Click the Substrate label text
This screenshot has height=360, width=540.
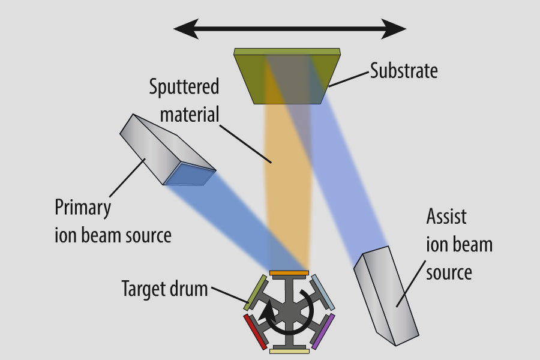coord(404,71)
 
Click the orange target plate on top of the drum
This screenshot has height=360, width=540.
coord(289,272)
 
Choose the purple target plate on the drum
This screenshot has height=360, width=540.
coord(323,332)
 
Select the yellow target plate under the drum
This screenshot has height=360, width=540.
coord(289,350)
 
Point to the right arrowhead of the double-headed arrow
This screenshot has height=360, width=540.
coord(396,28)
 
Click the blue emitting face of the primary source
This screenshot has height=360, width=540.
coord(191,175)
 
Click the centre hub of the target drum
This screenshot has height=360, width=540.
coord(289,312)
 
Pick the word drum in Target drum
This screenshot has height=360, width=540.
coord(188,289)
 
